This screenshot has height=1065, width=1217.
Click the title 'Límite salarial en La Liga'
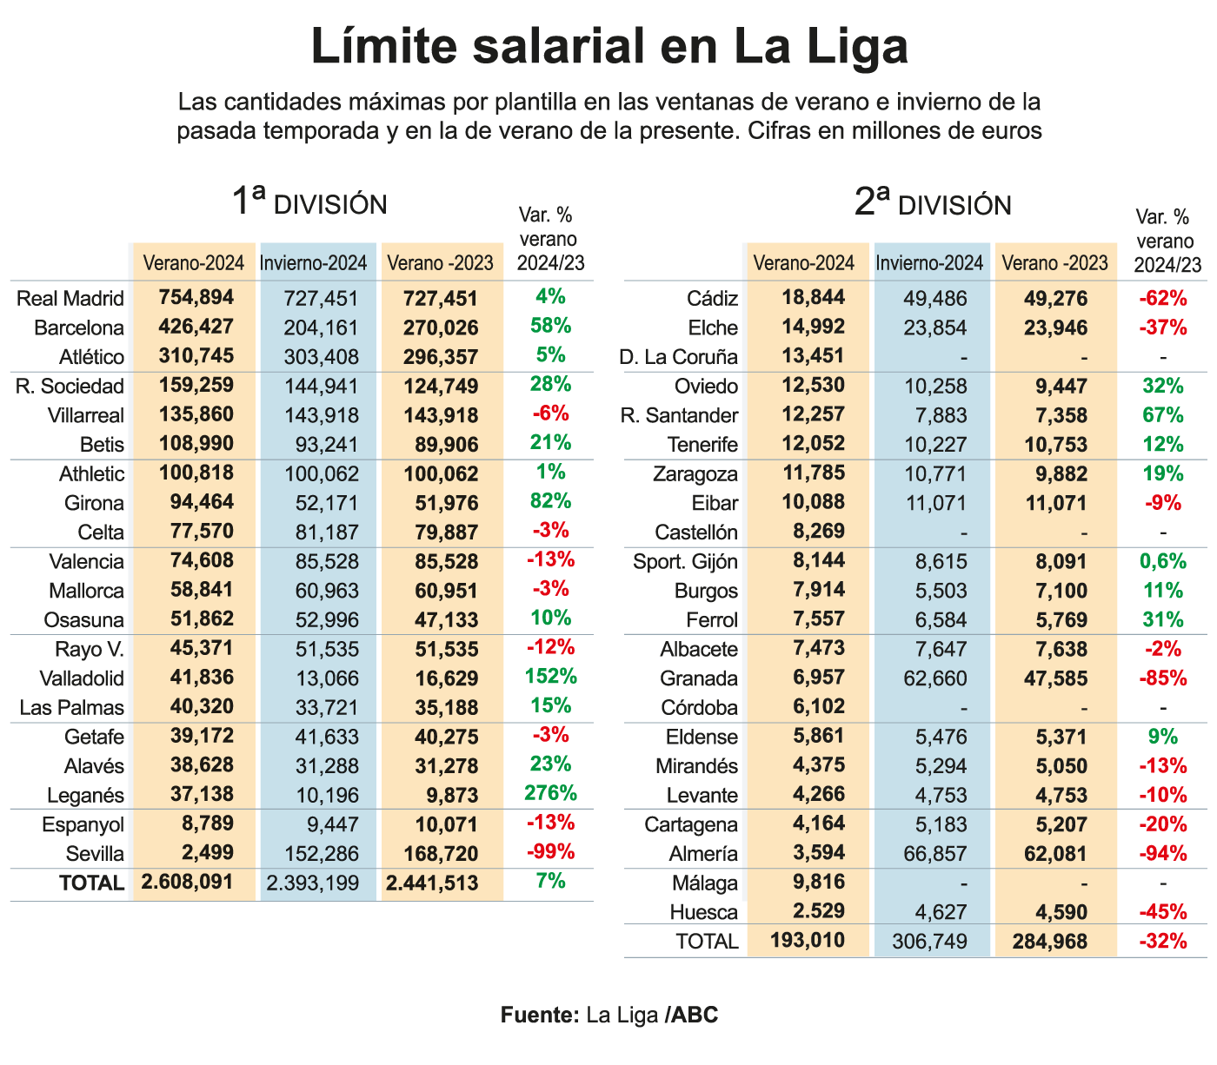(x=608, y=47)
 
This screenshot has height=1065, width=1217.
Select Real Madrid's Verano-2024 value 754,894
(x=196, y=297)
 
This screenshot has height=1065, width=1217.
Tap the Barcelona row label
(x=79, y=327)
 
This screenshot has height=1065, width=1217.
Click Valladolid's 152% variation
(x=551, y=676)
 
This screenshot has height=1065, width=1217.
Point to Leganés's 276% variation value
(x=551, y=793)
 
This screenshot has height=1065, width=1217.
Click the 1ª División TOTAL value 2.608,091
(x=187, y=882)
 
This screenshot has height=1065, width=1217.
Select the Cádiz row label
(x=712, y=299)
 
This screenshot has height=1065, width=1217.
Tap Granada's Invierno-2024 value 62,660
(x=935, y=678)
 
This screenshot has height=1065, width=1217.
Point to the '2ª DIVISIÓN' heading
(x=933, y=204)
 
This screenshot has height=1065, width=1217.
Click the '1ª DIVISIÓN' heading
(x=309, y=203)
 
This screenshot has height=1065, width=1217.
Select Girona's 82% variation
(x=551, y=501)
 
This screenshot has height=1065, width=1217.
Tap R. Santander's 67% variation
(x=1163, y=415)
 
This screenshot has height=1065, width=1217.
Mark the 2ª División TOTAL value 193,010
(x=808, y=941)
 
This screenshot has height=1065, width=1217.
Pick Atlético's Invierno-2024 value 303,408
(x=321, y=357)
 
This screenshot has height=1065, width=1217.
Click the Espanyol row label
(x=83, y=824)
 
